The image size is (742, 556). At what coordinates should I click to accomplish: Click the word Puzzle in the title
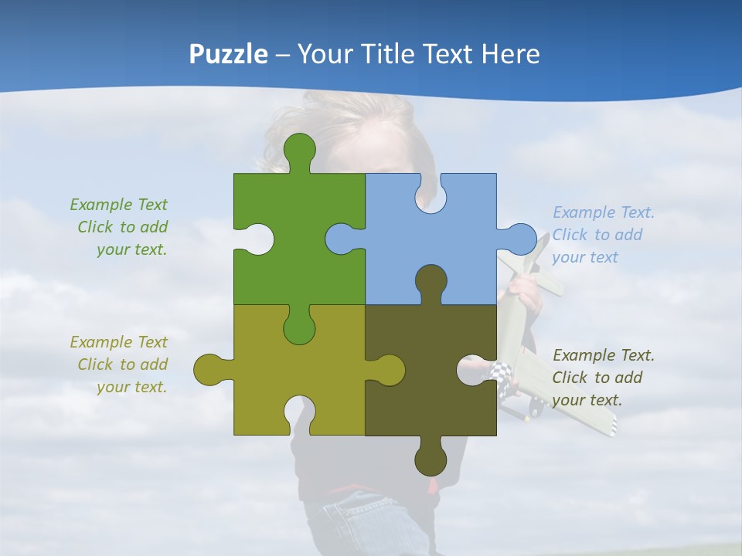tap(229, 55)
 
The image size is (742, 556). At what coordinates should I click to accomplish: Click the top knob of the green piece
tap(300, 148)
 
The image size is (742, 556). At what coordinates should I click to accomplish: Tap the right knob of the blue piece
tap(519, 239)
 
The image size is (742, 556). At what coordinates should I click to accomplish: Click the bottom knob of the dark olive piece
tap(431, 459)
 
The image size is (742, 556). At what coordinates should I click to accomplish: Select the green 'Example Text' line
tap(119, 205)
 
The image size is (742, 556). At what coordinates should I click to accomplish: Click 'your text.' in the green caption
tap(132, 249)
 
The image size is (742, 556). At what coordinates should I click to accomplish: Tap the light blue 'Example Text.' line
tap(603, 212)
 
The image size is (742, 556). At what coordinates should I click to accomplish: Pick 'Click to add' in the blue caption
tap(597, 235)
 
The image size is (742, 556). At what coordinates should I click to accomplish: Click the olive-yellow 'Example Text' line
tap(119, 342)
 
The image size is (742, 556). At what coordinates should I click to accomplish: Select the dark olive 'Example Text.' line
tap(603, 355)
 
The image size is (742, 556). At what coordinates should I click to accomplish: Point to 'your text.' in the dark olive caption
tap(587, 400)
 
